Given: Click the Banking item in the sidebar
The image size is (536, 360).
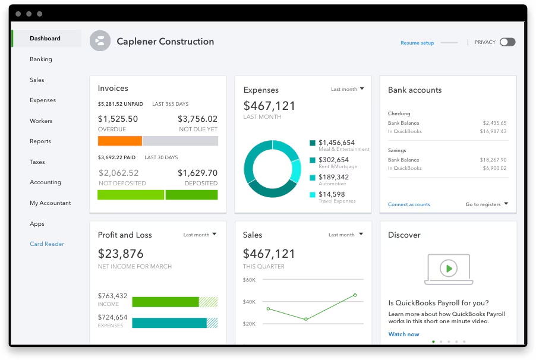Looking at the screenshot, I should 41,59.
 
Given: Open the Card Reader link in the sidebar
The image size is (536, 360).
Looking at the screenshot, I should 47,244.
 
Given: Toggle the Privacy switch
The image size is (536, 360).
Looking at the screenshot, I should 507,42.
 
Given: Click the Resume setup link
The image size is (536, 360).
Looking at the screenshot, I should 417,43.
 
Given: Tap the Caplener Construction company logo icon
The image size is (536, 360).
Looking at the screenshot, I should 100,41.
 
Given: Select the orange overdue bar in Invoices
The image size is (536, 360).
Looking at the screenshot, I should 119,141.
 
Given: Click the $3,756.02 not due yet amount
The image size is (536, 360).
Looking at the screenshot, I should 197,119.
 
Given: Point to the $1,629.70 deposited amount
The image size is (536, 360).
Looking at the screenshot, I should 197,173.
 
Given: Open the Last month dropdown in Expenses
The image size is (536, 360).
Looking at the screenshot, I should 347,89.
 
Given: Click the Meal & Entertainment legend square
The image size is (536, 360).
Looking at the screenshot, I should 313,143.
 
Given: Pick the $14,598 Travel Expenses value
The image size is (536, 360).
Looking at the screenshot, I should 332,194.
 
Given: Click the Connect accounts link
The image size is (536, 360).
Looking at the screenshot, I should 409,204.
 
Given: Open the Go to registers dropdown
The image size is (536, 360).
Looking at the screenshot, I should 487,204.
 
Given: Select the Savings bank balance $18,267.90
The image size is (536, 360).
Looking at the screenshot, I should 493,160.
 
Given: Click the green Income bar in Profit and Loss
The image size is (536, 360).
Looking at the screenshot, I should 165,302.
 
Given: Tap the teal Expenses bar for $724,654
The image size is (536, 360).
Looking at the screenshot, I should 169,323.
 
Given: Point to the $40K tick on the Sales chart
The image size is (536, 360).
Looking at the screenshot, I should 249,302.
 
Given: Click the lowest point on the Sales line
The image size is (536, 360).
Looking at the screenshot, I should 306,319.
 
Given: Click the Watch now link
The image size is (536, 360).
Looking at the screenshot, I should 403,334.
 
